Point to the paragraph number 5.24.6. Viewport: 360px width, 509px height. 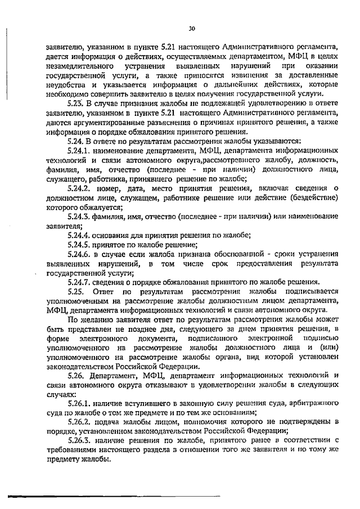click(79, 254)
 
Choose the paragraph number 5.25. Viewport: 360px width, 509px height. click(75, 291)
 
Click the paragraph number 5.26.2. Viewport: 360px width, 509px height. click(79, 422)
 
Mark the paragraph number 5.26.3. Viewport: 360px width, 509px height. click(79, 440)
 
